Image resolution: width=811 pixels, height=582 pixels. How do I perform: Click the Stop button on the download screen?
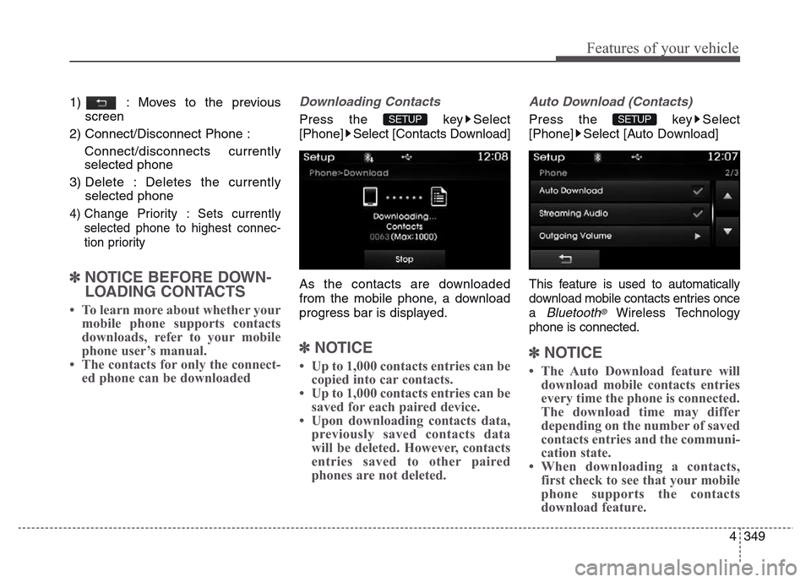tap(405, 258)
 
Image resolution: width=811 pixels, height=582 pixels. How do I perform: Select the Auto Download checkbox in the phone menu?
tap(697, 191)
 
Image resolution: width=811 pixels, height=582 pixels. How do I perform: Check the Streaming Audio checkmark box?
tap(697, 214)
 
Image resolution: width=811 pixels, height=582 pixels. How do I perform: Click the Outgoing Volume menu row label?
tap(574, 237)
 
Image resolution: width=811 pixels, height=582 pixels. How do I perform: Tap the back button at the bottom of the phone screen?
tap(565, 258)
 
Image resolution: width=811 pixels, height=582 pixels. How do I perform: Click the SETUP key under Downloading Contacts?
tap(405, 119)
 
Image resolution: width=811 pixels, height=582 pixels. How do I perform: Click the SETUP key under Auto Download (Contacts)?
tap(635, 119)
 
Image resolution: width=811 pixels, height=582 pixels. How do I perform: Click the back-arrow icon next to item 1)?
tap(101, 102)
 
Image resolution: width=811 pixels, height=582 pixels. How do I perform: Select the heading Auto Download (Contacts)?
tap(610, 101)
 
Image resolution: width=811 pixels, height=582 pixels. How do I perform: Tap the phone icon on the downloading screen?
tap(369, 197)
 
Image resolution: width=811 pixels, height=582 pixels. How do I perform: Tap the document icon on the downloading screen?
tap(438, 197)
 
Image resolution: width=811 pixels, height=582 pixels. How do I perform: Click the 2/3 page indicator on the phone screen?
tap(728, 172)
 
